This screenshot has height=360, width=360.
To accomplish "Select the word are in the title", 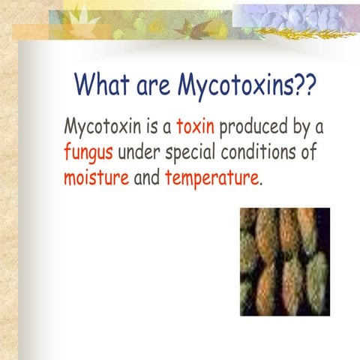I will (154, 87).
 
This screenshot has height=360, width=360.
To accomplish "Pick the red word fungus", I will (89, 153).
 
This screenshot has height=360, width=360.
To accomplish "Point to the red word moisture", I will (95, 179).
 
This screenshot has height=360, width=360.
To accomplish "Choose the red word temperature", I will (211, 180).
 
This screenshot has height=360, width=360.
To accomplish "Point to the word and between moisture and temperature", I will (146, 179).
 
